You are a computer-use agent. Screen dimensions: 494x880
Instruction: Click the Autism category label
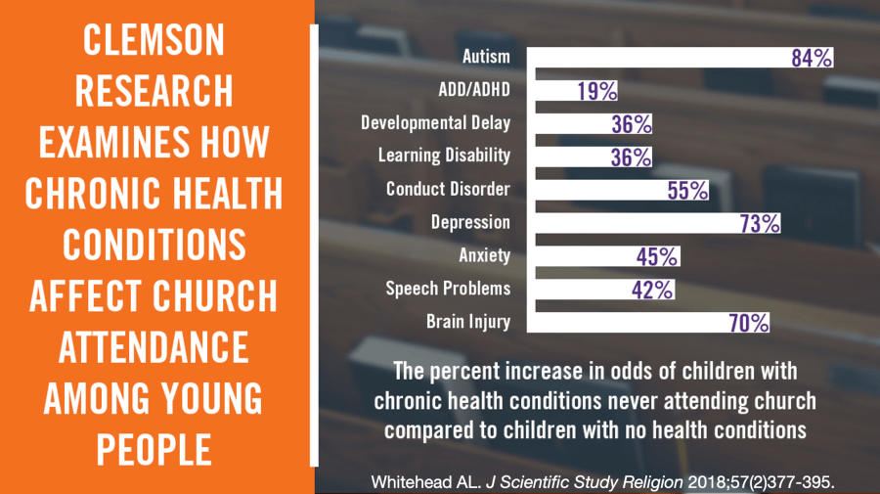point(486,58)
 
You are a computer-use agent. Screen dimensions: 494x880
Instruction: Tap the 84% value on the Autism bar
point(812,58)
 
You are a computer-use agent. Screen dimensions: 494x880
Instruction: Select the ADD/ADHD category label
point(474,91)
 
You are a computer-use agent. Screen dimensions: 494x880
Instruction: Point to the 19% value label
point(596,91)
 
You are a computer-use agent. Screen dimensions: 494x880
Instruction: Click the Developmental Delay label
point(435,123)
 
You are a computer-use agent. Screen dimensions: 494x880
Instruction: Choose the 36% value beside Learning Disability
point(631,157)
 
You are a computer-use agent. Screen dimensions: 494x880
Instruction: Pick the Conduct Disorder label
point(448,189)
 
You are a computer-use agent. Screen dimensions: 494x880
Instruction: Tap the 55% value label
point(687,190)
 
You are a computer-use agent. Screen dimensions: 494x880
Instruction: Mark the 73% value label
point(760,223)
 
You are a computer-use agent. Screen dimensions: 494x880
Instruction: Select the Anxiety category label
point(484,255)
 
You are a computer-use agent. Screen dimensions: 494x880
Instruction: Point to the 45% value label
point(657,256)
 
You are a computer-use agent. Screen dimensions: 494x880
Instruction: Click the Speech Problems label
point(448,289)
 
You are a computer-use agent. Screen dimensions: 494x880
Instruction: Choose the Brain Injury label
point(468,322)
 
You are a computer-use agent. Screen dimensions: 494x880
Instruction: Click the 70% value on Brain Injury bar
point(749,322)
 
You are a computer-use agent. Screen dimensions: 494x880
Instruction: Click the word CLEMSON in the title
point(154,41)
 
